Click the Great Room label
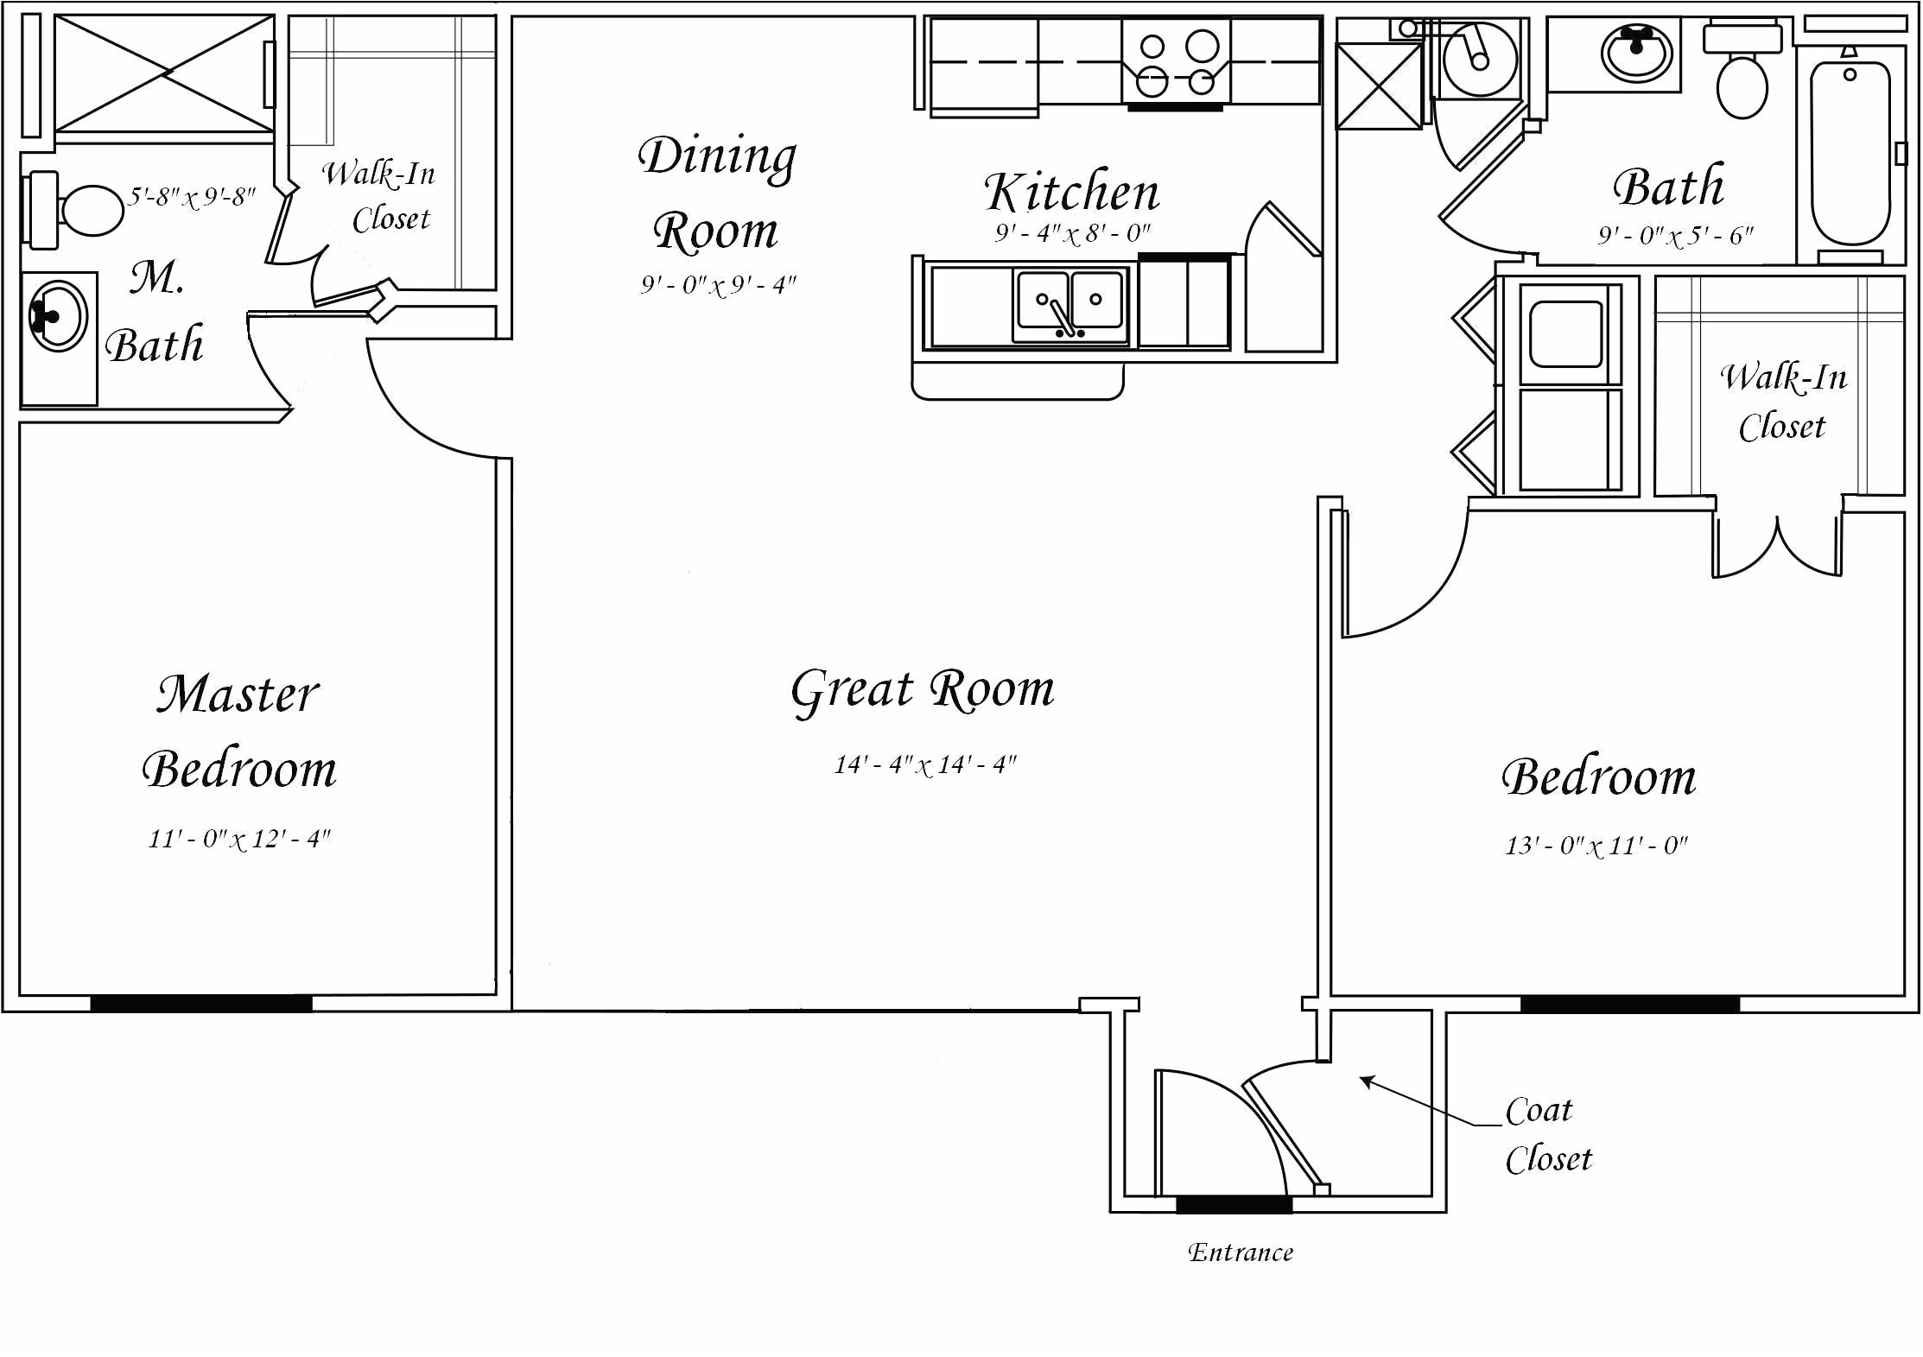923,690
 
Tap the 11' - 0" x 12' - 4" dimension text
239,839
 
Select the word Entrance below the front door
1241,1252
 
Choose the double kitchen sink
1070,307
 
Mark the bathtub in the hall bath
1849,152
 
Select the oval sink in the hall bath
1637,52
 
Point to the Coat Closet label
1546,1134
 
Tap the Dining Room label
716,193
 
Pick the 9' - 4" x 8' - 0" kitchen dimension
1071,233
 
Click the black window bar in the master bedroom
200,1003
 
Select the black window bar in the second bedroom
1629,1003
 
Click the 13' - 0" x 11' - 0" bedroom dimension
1596,846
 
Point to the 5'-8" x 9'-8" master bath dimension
192,198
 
